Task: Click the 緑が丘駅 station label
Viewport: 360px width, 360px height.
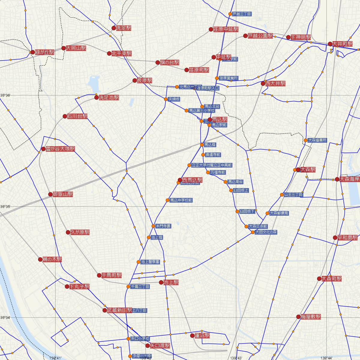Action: tap(45, 52)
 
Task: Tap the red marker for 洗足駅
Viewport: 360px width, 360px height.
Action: tap(114, 28)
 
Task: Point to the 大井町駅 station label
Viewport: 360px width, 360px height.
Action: tap(342, 44)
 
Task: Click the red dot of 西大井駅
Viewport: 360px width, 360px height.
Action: tap(263, 83)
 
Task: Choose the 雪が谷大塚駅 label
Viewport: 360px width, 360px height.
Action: tap(60, 149)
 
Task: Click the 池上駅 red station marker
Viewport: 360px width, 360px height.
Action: tap(161, 282)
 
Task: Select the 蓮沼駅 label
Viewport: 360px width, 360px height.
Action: tap(202, 336)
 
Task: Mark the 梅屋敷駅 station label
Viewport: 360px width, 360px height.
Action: tap(311, 317)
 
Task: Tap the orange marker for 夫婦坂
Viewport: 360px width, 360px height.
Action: tap(166, 99)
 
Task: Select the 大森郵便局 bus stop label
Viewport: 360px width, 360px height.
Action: tap(279, 213)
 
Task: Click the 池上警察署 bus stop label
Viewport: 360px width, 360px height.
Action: tap(150, 262)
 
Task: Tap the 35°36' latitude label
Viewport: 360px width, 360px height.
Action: tap(5, 95)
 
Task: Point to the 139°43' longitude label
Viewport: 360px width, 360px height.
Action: tap(236, 358)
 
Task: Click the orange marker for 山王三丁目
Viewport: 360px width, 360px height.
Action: tap(282, 195)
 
